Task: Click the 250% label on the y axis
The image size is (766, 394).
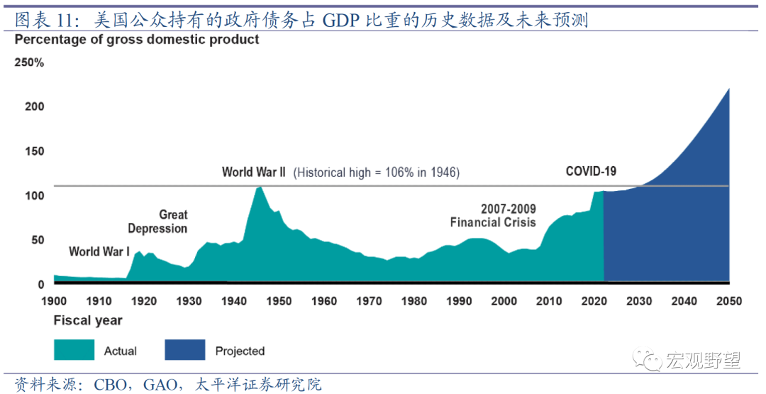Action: [x=29, y=62]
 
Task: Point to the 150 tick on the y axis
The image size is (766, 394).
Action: [x=35, y=151]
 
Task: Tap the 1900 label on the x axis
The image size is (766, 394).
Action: [x=54, y=302]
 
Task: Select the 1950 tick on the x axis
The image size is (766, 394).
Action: [x=279, y=302]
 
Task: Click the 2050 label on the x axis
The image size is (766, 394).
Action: [x=728, y=302]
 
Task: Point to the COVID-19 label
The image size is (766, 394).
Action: [x=591, y=171]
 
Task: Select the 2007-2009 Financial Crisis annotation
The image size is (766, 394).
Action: [x=493, y=216]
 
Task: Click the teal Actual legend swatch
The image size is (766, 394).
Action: [x=74, y=350]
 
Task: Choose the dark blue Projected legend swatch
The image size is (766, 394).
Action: [x=185, y=350]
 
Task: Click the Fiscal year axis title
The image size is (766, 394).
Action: [x=88, y=321]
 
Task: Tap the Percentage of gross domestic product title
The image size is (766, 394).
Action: [x=137, y=40]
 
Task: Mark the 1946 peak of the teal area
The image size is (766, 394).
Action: [x=260, y=187]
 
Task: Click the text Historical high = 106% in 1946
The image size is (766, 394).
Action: [x=377, y=173]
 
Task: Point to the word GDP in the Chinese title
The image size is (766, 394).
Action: [x=340, y=20]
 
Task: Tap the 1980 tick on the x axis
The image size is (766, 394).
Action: [x=414, y=302]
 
